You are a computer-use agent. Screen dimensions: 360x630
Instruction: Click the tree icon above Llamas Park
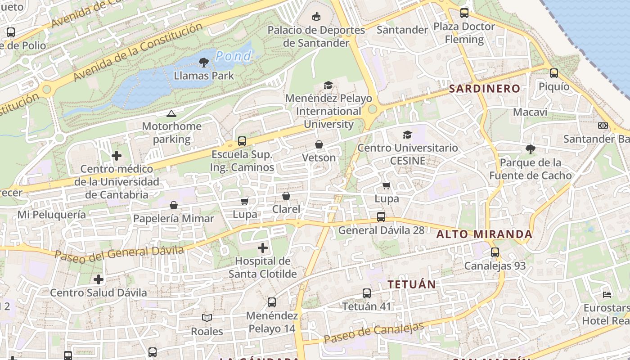(204, 62)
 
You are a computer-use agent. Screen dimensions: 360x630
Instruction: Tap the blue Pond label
(233, 56)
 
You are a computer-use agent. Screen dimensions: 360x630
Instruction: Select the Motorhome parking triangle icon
(171, 113)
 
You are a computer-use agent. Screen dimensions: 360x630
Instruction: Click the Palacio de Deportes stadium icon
(317, 17)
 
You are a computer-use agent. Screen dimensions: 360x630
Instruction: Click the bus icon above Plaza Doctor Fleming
(464, 13)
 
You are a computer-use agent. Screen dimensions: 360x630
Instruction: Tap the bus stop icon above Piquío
(554, 73)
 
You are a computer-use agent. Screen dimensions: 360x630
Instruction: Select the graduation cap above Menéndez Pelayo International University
(328, 85)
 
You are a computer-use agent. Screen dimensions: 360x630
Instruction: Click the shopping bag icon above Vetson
(319, 144)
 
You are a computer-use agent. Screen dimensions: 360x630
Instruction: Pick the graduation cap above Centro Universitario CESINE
(408, 135)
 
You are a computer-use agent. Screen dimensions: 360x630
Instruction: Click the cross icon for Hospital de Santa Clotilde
(263, 247)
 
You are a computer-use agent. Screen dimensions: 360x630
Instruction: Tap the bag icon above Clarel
(286, 196)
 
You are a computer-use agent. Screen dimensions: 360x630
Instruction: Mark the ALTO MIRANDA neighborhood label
(484, 234)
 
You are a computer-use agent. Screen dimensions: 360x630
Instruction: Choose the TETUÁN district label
(412, 284)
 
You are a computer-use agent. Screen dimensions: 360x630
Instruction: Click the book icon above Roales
(207, 318)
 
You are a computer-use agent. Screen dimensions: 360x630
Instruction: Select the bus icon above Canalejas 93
(495, 252)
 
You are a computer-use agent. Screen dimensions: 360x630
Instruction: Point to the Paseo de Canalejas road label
(374, 333)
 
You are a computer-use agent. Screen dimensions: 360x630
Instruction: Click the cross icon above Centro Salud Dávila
(99, 279)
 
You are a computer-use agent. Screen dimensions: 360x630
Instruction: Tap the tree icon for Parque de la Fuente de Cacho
(531, 149)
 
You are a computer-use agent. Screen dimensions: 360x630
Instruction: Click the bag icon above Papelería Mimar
(174, 205)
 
